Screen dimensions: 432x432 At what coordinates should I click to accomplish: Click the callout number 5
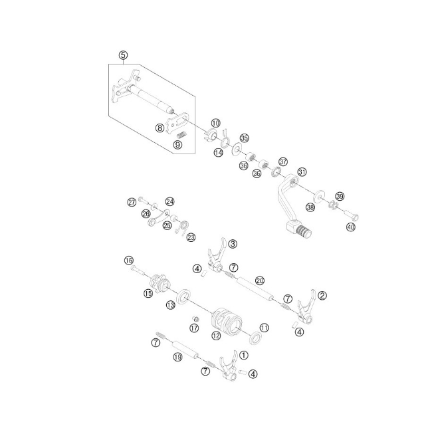123,55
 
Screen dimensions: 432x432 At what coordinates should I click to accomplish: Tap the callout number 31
302,172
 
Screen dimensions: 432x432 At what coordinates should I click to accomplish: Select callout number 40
351,227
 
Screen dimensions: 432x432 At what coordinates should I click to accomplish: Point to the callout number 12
216,336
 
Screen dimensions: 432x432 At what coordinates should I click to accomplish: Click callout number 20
259,280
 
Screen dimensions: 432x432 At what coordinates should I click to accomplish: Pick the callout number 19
177,358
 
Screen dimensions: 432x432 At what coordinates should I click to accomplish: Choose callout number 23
191,237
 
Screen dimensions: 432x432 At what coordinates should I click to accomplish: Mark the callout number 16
129,261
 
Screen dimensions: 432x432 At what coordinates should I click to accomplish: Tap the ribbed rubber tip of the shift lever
304,230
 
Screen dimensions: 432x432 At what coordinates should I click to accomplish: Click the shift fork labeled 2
306,306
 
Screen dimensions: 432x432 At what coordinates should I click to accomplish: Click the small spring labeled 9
181,136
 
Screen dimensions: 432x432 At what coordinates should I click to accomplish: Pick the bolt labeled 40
352,217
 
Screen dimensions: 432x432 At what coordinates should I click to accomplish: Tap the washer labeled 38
318,196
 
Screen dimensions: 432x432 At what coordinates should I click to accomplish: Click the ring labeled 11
255,338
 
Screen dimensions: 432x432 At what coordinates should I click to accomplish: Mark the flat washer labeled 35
236,148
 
